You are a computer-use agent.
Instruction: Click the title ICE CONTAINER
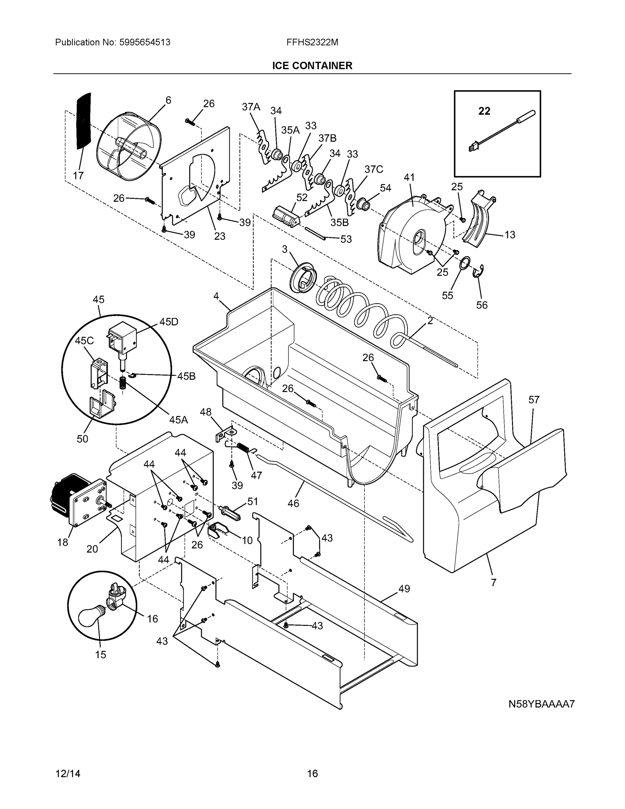coord(312,66)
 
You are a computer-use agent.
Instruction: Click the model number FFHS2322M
coord(312,42)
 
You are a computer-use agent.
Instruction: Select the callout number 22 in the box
coord(484,111)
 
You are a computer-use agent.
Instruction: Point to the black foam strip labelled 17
coord(84,120)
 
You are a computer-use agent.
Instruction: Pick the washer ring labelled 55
coord(465,263)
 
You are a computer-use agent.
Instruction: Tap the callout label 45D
coord(168,322)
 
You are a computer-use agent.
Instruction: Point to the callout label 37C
coord(374,169)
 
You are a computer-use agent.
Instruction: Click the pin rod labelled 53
coord(315,233)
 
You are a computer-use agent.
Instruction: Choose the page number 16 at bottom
coord(312,774)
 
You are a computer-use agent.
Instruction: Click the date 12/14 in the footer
coord(68,774)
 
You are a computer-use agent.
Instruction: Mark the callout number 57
coord(534,400)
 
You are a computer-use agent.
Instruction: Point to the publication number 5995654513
coord(145,42)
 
